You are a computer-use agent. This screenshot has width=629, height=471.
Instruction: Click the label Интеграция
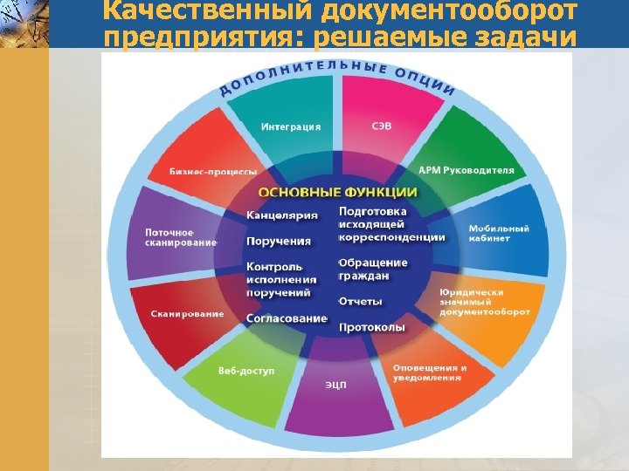(291, 126)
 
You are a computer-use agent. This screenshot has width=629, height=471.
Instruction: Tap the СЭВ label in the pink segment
(382, 126)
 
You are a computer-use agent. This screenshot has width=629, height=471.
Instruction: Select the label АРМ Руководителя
(466, 170)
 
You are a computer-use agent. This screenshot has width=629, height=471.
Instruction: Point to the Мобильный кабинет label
(499, 233)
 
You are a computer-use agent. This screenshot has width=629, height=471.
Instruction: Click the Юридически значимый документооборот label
(485, 302)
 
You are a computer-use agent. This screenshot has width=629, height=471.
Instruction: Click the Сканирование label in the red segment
(187, 314)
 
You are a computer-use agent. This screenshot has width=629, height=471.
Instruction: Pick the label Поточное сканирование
(181, 237)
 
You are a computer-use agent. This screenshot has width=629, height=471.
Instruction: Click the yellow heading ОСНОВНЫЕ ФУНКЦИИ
(337, 192)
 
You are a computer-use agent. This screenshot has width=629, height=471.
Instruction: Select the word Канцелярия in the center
(282, 215)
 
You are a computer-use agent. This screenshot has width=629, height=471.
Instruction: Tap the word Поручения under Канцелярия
(279, 241)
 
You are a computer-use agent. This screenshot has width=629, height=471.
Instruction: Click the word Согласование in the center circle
(287, 318)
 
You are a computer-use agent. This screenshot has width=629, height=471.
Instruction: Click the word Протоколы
(371, 327)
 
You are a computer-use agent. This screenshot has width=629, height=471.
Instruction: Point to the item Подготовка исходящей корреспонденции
(391, 224)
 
